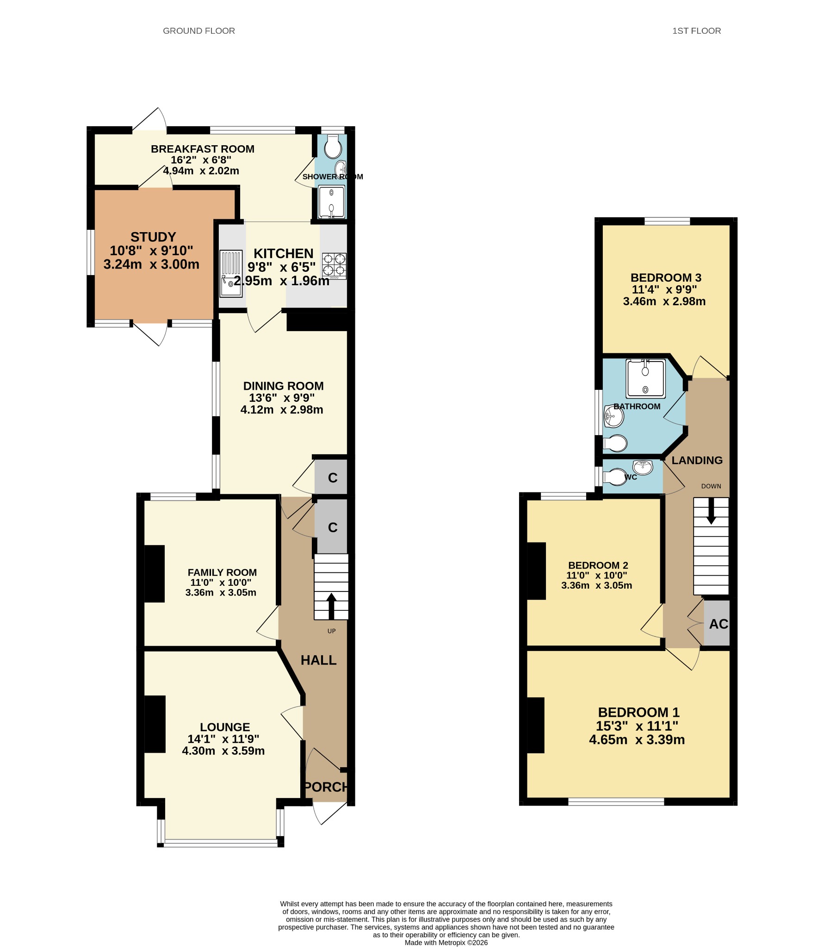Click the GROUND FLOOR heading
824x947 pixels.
[x=199, y=31]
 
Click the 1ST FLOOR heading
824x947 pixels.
[x=696, y=31]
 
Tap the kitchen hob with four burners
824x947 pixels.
[x=334, y=266]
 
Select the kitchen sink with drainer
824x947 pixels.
[x=231, y=273]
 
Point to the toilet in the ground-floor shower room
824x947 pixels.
[x=333, y=147]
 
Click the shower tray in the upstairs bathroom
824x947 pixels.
[x=646, y=378]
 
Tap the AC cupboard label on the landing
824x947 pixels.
[x=719, y=624]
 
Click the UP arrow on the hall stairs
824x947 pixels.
[x=331, y=606]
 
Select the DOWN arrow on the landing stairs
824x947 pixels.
[x=711, y=510]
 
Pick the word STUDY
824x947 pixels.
[x=153, y=237]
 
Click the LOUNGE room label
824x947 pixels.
[x=225, y=727]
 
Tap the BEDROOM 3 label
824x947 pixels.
[x=666, y=278]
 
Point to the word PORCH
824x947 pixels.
[x=326, y=787]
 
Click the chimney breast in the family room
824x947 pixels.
[x=155, y=574]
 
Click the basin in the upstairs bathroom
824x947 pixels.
[x=613, y=416]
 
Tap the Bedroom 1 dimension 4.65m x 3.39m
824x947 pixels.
[x=637, y=740]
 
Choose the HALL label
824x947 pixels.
[x=318, y=660]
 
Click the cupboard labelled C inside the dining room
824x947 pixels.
[x=331, y=477]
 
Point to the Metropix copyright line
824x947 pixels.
[x=446, y=942]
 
